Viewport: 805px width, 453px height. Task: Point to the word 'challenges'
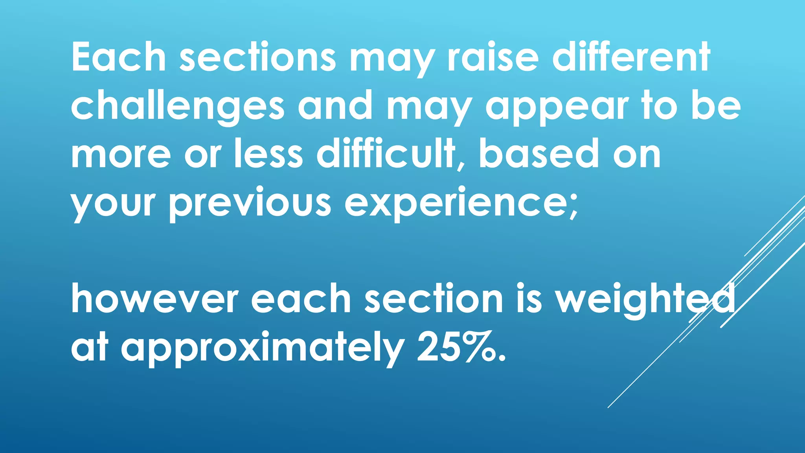coord(177,106)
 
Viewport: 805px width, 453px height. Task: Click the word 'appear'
coord(557,106)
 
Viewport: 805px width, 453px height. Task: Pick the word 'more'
coord(121,155)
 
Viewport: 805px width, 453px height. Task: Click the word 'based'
coord(539,155)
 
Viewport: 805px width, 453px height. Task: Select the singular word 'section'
coord(434,299)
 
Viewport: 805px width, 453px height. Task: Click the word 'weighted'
coord(645,299)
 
